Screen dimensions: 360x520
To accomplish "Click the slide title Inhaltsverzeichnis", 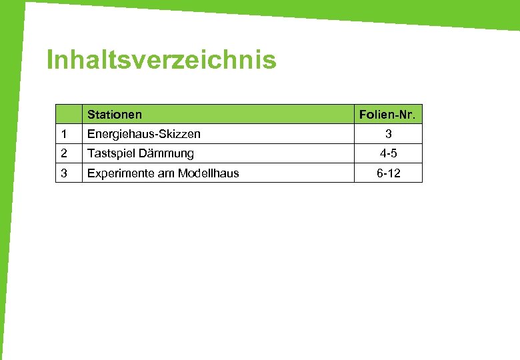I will [161, 61].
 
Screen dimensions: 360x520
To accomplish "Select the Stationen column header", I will [114, 115].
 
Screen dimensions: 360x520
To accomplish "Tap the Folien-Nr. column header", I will [387, 115].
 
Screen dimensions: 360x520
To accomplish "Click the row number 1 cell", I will [63, 134].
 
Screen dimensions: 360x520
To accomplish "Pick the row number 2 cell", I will [63, 153].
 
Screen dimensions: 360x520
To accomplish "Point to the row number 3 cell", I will [63, 173].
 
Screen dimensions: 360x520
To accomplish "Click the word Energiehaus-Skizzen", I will [143, 134].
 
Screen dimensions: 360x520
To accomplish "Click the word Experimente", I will [118, 173].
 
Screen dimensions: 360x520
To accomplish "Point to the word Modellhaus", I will [208, 173].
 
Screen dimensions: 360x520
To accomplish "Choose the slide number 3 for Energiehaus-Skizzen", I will [387, 134].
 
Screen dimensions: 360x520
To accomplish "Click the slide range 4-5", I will [388, 153].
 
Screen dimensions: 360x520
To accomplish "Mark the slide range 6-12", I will [388, 173].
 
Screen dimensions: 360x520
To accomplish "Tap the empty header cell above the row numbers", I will [68, 115].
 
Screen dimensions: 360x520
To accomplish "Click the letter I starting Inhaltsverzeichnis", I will [50, 61].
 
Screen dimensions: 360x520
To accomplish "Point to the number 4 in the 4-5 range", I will [383, 153].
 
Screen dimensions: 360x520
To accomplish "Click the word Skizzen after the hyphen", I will [180, 134].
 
